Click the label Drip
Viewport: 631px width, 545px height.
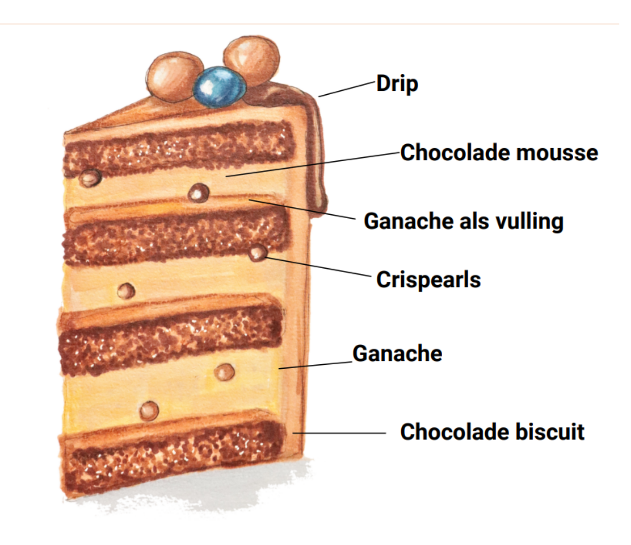(x=397, y=84)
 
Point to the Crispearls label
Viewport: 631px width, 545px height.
(x=428, y=280)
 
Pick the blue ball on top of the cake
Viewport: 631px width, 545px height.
(x=220, y=87)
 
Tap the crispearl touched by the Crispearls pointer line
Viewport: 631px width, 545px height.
(x=257, y=253)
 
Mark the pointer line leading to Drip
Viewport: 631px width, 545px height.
(x=347, y=89)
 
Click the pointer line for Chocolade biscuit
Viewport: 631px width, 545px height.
(x=340, y=432)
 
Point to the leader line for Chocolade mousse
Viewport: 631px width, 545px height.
(x=311, y=164)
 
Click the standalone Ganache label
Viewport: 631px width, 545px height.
(x=397, y=354)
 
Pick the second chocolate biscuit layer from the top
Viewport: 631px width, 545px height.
(x=175, y=236)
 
